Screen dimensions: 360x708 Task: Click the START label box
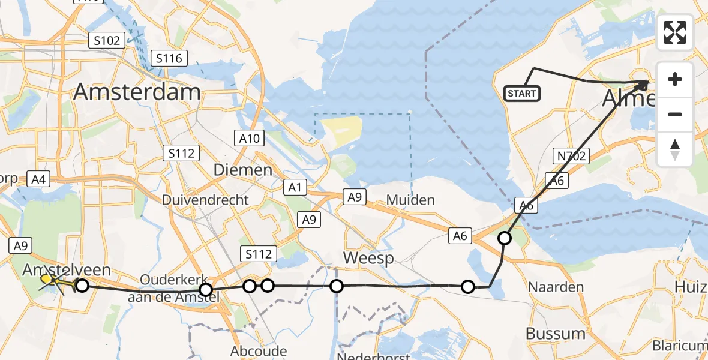pyautogui.click(x=522, y=94)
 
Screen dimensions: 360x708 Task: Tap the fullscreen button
pyautogui.click(x=675, y=32)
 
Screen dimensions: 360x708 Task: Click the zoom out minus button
pyautogui.click(x=675, y=114)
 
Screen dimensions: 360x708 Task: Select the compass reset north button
pyautogui.click(x=675, y=149)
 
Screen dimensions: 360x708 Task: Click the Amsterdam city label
pyautogui.click(x=137, y=92)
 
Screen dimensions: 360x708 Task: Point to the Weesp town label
pyautogui.click(x=368, y=258)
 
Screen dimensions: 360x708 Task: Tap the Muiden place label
pyautogui.click(x=411, y=199)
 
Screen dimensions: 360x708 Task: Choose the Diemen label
pyautogui.click(x=243, y=170)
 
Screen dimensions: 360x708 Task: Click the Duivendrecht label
pyautogui.click(x=205, y=200)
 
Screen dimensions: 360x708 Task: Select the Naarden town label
pyautogui.click(x=556, y=287)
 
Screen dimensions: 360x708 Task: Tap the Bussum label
pyautogui.click(x=556, y=333)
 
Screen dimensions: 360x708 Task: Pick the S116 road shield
pyautogui.click(x=170, y=58)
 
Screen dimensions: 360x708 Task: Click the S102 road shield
pyautogui.click(x=106, y=41)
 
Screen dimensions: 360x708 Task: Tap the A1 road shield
pyautogui.click(x=295, y=188)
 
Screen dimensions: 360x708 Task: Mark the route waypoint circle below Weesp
pyautogui.click(x=337, y=286)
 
